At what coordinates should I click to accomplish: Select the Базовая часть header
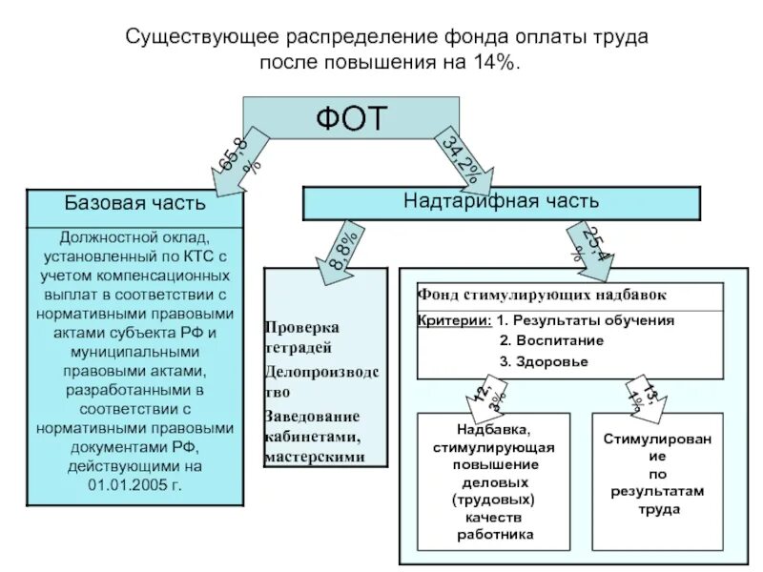(x=134, y=203)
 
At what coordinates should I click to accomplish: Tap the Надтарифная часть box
(x=501, y=202)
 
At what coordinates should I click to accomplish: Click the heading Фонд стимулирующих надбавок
(x=542, y=295)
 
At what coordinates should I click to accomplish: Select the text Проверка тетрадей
(x=302, y=337)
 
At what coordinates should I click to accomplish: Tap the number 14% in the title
(x=492, y=62)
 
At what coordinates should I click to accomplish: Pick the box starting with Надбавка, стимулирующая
(x=493, y=482)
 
